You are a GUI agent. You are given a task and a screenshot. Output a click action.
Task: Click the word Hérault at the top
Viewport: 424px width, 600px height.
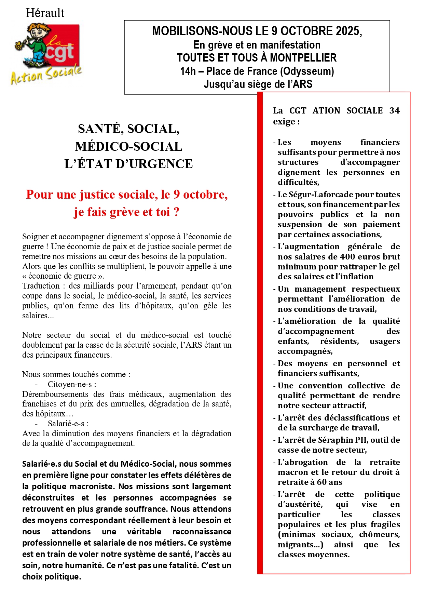[45, 13]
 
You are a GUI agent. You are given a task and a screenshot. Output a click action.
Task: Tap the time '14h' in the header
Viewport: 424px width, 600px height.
[188, 71]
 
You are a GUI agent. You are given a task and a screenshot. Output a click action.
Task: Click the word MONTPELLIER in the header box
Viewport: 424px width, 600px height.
[303, 58]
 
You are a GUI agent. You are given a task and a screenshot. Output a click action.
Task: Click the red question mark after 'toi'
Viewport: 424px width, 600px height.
[176, 212]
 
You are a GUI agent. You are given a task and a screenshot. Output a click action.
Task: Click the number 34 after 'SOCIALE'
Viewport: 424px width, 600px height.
[394, 111]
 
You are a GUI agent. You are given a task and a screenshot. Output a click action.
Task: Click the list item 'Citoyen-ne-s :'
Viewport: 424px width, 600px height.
[72, 384]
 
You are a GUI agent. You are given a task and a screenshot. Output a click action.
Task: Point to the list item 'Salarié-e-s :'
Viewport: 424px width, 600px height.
[68, 424]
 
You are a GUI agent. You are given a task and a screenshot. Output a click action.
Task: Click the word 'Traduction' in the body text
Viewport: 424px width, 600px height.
[41, 286]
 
